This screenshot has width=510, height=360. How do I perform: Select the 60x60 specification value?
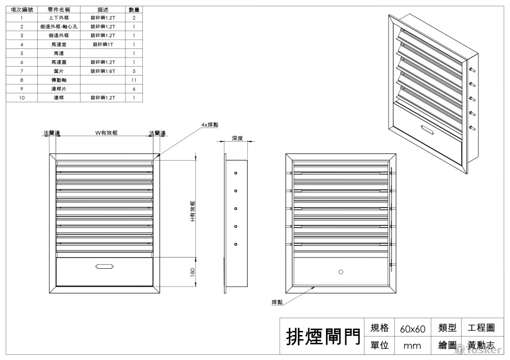[x=413, y=329]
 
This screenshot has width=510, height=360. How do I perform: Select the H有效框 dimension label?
[x=193, y=211]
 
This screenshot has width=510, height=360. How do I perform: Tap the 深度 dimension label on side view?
[x=237, y=138]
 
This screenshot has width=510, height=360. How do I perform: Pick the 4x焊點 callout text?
[x=209, y=125]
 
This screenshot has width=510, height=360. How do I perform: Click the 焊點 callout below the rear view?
[x=277, y=302]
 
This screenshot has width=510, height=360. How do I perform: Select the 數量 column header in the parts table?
[x=134, y=10]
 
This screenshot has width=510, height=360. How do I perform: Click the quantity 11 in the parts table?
[x=134, y=80]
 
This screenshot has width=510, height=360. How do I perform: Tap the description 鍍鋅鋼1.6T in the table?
[x=103, y=71]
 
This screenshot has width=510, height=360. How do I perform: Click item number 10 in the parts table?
[x=22, y=97]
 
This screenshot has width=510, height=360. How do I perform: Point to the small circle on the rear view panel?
[x=341, y=272]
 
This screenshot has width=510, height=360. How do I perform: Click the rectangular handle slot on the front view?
[x=104, y=266]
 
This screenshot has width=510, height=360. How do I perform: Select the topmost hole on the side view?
[x=236, y=173]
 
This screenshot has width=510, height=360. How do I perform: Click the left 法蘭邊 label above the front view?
[x=51, y=133]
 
